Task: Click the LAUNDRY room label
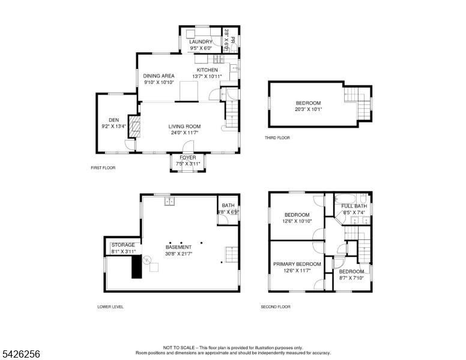(201, 41)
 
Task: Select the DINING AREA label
(159, 76)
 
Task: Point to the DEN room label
(113, 120)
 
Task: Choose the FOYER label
(188, 157)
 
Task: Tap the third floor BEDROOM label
(307, 103)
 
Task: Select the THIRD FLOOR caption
(277, 138)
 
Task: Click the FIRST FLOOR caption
(103, 168)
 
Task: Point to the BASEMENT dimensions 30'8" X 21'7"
(178, 254)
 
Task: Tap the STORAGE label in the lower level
(123, 245)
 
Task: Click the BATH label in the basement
(228, 206)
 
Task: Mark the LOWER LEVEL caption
(110, 307)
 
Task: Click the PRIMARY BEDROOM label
(297, 264)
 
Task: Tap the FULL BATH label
(354, 206)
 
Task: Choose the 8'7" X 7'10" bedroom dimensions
(351, 277)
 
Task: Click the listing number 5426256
(20, 354)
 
